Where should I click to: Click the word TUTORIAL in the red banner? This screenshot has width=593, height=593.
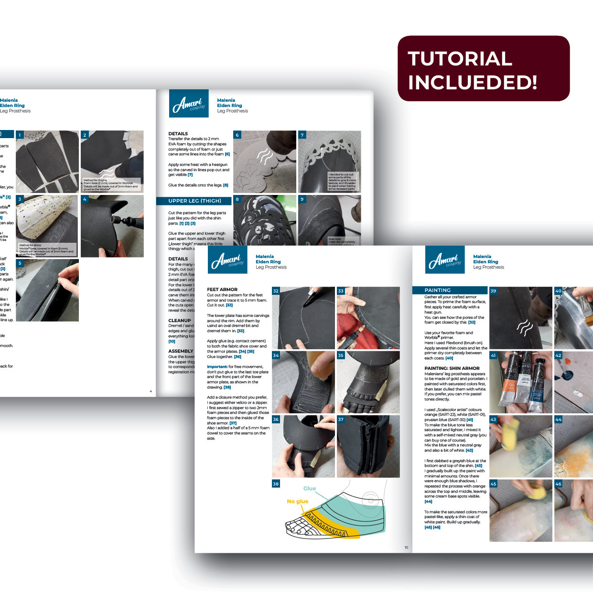(x=460, y=59)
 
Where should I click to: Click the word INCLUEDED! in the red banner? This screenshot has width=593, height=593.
(x=472, y=82)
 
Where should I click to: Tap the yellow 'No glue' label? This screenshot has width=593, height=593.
(x=297, y=501)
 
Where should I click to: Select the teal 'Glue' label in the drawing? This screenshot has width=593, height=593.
(x=310, y=488)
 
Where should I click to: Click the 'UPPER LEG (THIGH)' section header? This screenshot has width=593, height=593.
(x=194, y=201)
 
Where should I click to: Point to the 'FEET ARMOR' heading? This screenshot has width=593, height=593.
(x=222, y=290)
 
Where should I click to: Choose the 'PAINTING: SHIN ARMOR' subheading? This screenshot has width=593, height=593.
(x=452, y=368)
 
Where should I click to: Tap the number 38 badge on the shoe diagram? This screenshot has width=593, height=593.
(x=276, y=484)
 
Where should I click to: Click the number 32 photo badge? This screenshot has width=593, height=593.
(x=276, y=291)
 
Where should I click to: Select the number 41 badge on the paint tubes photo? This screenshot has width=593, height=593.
(x=494, y=356)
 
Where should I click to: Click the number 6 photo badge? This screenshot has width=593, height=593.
(x=237, y=135)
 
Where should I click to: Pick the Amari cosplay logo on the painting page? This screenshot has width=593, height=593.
(x=444, y=260)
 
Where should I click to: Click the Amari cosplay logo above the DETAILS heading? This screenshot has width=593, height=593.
(x=189, y=104)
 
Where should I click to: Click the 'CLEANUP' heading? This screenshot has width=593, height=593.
(x=180, y=321)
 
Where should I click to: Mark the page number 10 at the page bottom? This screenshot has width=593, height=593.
(x=406, y=547)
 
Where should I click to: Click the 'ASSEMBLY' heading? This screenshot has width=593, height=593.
(x=181, y=351)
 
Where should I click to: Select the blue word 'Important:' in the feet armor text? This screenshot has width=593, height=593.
(x=217, y=367)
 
